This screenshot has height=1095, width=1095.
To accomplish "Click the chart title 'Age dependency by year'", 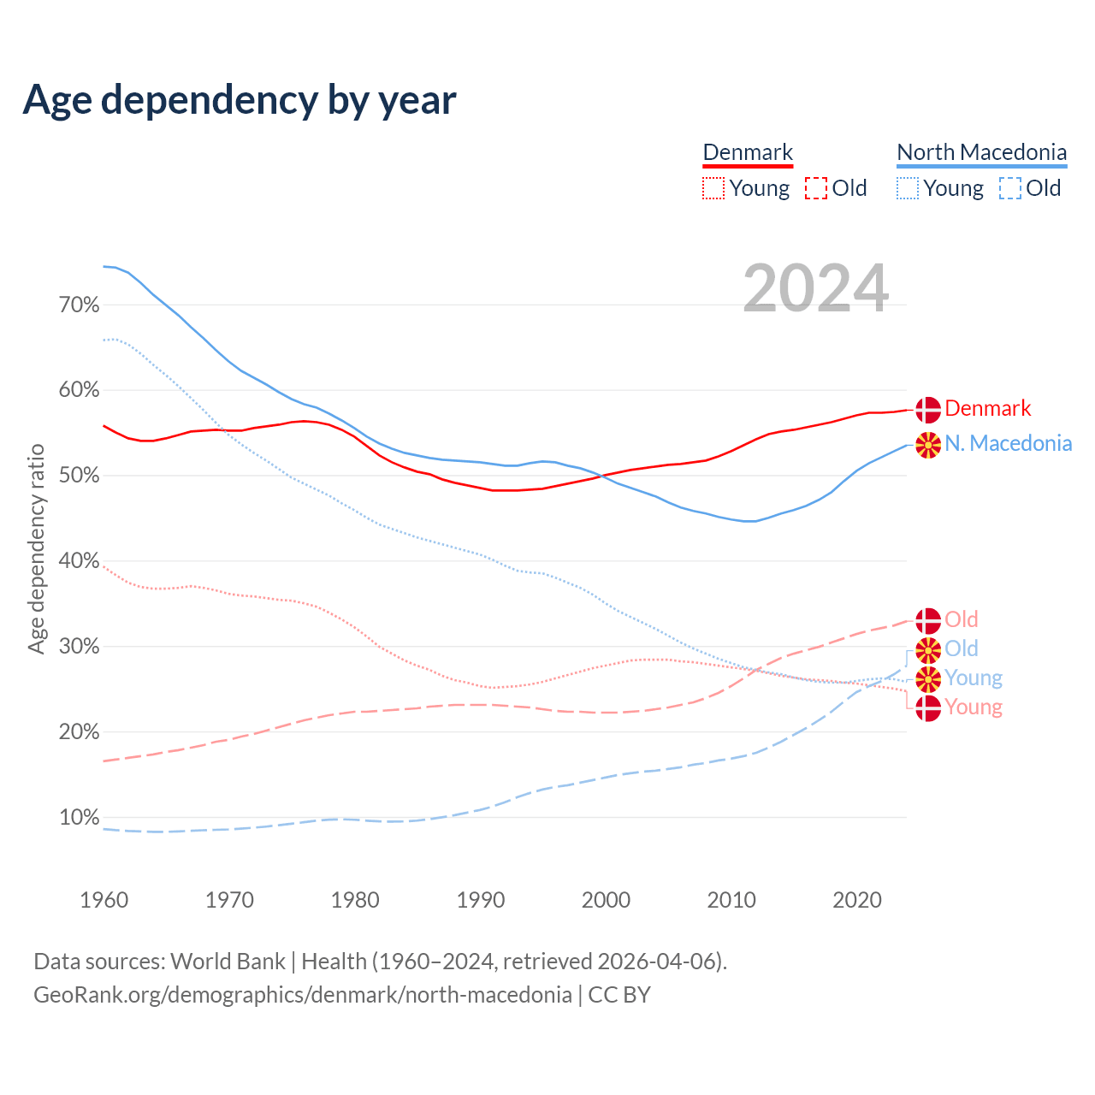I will [x=240, y=99].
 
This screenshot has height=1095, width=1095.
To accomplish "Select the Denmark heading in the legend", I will [x=748, y=152].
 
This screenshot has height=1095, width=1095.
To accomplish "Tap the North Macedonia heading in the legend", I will [x=981, y=152].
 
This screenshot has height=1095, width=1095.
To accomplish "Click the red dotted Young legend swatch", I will [x=713, y=188].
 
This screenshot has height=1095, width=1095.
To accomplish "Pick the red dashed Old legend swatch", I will [x=816, y=188].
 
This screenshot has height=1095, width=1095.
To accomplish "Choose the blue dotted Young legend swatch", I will [x=908, y=188].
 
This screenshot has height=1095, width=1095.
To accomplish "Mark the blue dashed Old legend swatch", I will [x=1010, y=188].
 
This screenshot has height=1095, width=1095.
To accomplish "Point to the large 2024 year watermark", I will [x=815, y=288].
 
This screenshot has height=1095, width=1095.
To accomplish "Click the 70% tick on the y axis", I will [x=79, y=305].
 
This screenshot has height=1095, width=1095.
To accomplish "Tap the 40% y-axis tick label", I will [x=79, y=561].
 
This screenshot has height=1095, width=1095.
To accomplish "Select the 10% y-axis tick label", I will [x=79, y=818].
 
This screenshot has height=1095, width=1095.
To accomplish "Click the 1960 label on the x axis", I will [x=104, y=900].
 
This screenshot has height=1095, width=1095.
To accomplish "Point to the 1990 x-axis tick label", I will [x=480, y=900].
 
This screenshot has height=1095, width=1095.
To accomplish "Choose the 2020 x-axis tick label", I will [x=857, y=900].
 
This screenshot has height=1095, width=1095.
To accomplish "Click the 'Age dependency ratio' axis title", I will [x=36, y=548].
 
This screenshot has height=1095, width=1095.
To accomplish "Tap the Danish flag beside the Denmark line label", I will [x=928, y=410].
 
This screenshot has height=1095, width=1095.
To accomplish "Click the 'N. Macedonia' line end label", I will [x=1008, y=443].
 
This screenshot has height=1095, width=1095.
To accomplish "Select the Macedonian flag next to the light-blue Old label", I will [x=928, y=650].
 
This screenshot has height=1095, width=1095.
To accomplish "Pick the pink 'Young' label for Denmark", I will [x=974, y=707].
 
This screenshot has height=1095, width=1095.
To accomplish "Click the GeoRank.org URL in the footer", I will [x=303, y=995].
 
